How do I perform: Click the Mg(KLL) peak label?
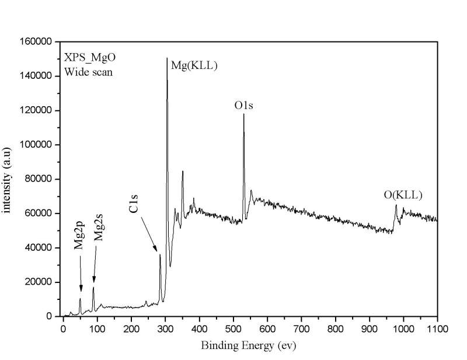coord(194,66)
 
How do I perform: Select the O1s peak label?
coord(243,106)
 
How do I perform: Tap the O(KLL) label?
coord(403,195)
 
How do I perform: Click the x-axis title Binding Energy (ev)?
coord(249,345)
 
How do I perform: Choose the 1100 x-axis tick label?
coord(437,328)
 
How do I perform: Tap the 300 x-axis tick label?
coord(166,328)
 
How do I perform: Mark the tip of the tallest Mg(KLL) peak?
coord(167,58)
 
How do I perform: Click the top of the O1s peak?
coord(243,114)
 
